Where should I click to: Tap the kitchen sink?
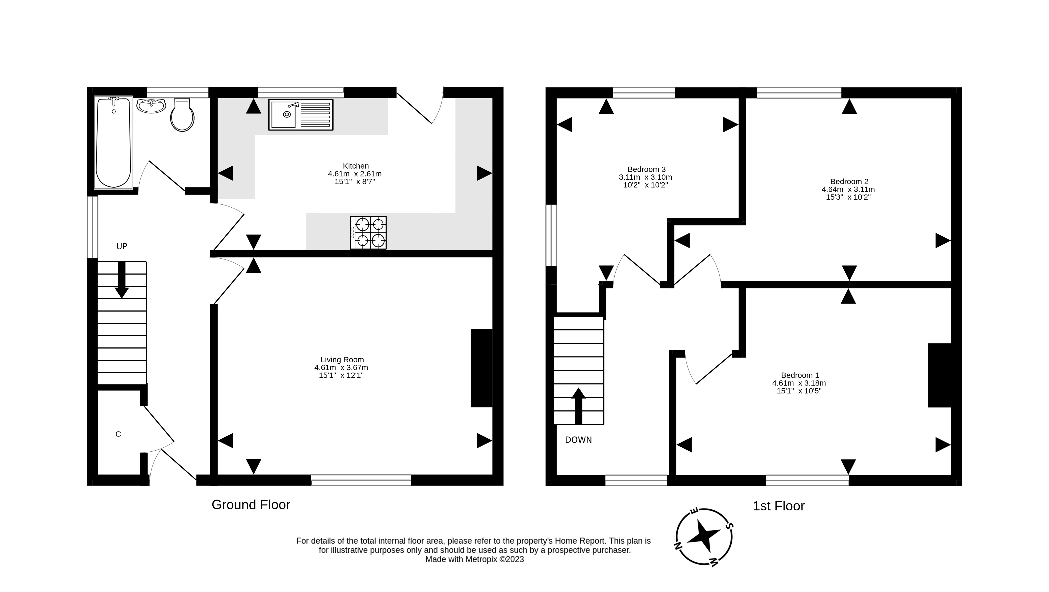point(300,116)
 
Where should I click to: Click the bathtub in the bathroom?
point(113,142)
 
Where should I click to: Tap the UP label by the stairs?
point(122,246)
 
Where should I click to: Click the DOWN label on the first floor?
point(578,440)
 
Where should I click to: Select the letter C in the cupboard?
point(118,434)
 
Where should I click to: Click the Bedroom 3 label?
point(646,169)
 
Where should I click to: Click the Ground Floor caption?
point(251,505)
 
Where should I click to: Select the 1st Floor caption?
point(778,506)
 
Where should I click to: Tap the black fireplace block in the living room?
point(481,368)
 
